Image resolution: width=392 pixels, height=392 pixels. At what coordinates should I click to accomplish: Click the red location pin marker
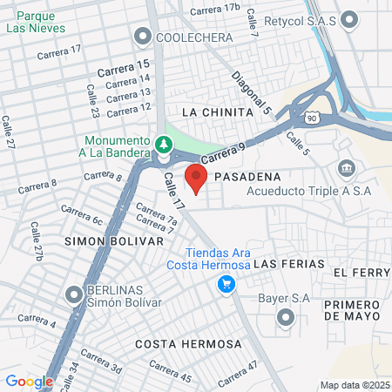196,179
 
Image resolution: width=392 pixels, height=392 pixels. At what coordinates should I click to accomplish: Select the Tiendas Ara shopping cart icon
226,283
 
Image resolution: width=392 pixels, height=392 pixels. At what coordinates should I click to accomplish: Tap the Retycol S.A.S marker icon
350,18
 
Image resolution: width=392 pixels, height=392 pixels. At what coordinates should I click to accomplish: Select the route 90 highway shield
312,116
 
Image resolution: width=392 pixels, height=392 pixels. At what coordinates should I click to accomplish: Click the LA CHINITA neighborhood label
217,112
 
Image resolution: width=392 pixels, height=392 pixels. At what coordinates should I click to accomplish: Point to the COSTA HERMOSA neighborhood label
188,344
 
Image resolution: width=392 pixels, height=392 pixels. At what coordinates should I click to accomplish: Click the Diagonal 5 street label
252,95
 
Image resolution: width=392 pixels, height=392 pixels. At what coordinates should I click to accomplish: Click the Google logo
29,381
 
